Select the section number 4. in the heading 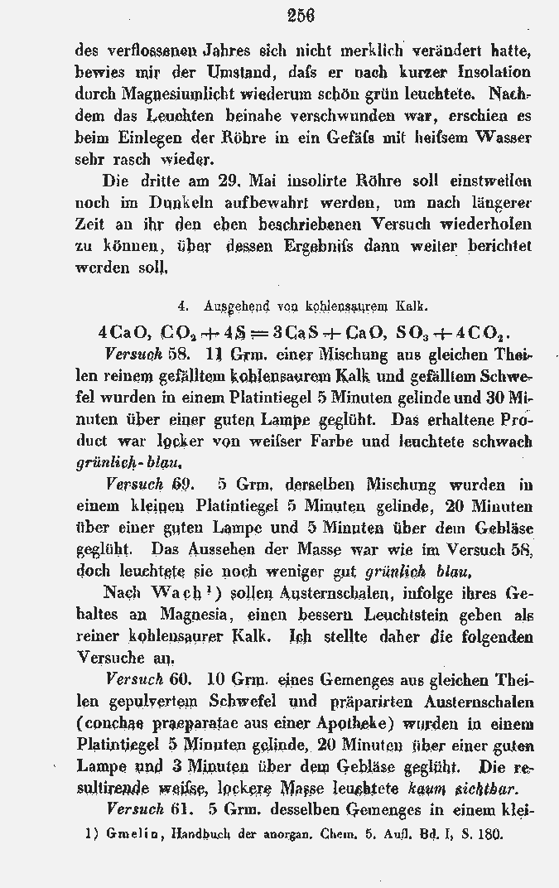point(183,306)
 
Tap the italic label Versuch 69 point(150,484)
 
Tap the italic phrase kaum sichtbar point(478,787)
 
